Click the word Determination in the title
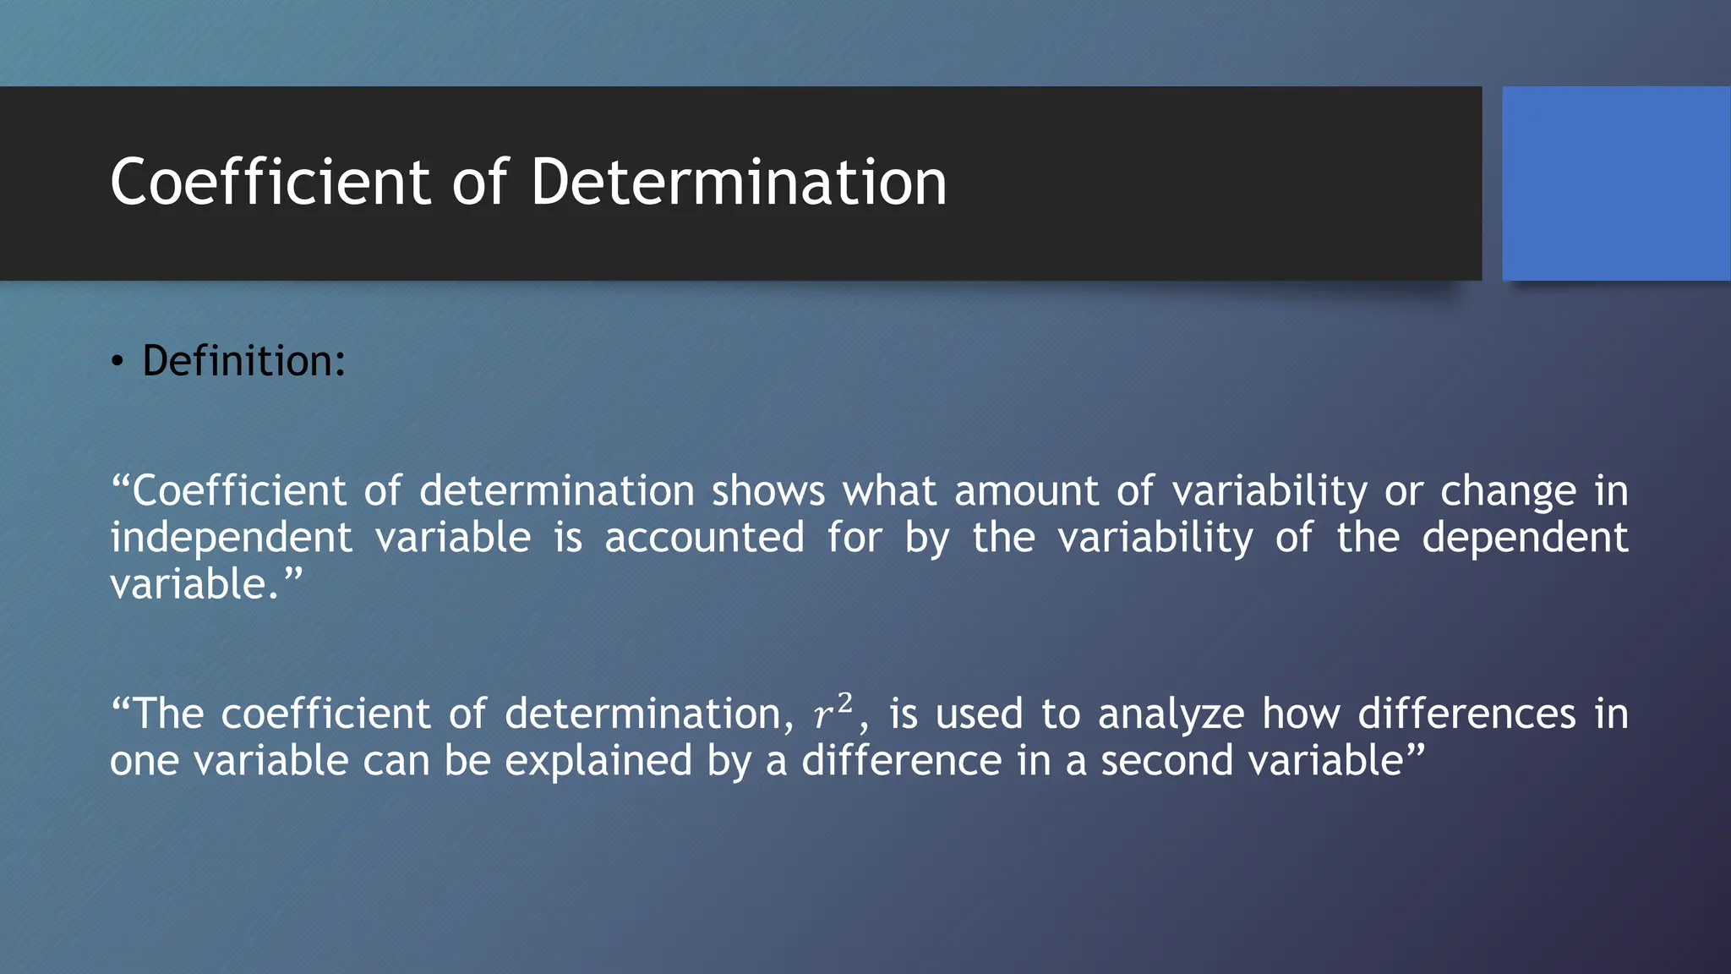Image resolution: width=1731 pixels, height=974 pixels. (739, 182)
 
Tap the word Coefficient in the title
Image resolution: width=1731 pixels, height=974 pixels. (270, 182)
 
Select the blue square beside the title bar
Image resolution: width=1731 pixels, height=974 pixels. (1616, 183)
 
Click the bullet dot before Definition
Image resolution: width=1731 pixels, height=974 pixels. (117, 363)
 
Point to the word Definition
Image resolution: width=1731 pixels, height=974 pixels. (243, 361)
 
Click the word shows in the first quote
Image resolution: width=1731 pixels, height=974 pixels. (767, 491)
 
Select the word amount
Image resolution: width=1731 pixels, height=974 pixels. (1026, 491)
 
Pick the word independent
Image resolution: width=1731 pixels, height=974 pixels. (231, 539)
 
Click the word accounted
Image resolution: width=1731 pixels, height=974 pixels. (704, 539)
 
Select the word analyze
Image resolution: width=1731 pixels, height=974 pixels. (1171, 714)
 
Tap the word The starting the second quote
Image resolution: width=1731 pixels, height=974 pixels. (168, 714)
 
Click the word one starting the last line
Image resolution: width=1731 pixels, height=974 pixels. (144, 761)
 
